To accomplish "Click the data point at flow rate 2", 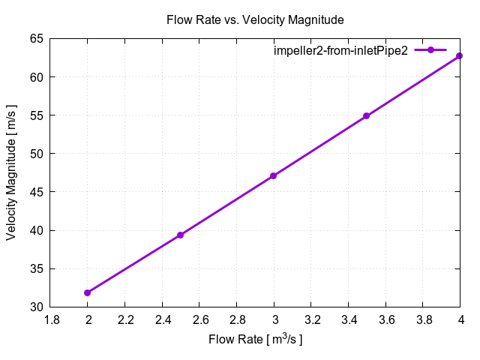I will tap(88, 292).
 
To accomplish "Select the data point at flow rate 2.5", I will tap(181, 235).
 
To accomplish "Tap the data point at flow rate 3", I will tap(274, 175).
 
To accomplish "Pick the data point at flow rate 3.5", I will tap(367, 116).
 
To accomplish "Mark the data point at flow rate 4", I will tap(460, 55).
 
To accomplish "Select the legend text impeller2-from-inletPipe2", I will tap(340, 50).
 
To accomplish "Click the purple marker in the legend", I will tap(431, 50).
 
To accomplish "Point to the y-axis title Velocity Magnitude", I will tap(12, 172).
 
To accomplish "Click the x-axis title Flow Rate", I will tap(255, 340).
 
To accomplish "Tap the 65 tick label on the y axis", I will tap(36, 38).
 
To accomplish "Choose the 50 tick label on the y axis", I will tap(36, 154).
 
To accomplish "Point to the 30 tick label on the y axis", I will tap(36, 307).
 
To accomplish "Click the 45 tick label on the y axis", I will tap(36, 192).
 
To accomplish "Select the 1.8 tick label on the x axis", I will tap(51, 320).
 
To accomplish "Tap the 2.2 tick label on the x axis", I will tap(125, 320).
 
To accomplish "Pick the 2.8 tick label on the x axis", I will tap(237, 320).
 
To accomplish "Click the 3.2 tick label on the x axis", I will tap(311, 320).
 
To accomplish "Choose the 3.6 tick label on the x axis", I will tap(385, 320).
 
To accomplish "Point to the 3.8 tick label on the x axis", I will tap(423, 320).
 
